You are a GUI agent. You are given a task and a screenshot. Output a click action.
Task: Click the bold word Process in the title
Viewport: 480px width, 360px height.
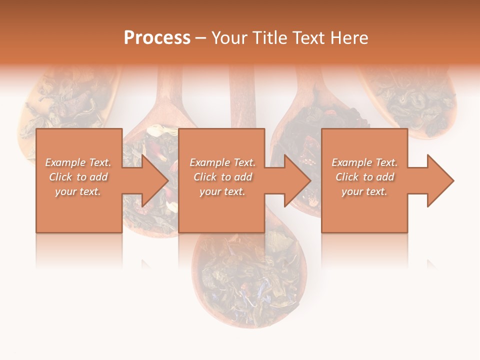point(157,38)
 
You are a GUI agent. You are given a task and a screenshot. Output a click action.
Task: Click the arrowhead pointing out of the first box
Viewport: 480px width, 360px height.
point(150,180)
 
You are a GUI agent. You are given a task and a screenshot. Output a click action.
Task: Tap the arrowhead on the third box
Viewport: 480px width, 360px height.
point(436,180)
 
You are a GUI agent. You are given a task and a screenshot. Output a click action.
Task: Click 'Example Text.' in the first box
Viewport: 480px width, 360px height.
point(78,162)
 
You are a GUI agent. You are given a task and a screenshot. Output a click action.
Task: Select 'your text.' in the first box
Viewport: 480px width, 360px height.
point(78,191)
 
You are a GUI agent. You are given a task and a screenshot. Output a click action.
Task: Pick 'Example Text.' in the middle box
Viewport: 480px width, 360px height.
point(222,162)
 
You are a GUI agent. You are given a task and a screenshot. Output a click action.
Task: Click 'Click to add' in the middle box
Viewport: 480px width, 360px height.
point(222,177)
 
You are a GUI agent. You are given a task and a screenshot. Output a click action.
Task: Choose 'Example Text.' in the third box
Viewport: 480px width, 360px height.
point(364,162)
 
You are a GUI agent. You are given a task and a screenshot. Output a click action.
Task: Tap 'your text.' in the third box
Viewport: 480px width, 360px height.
point(364,191)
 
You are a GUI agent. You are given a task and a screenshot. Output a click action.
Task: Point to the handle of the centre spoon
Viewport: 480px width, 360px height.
point(242,100)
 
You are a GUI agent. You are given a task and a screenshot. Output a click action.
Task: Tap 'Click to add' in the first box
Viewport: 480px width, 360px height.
point(78,177)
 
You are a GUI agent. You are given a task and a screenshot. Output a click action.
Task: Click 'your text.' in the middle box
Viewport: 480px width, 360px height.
point(222,191)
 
